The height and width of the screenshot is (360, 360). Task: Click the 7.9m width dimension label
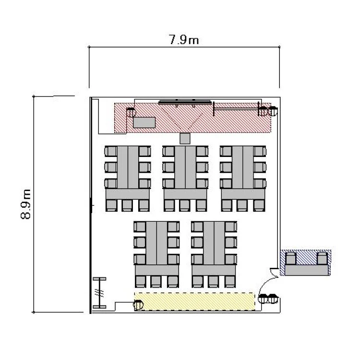184,39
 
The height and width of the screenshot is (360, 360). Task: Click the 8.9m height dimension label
26,204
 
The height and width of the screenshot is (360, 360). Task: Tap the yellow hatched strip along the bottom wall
195,301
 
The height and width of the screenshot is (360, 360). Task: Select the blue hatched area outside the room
306,263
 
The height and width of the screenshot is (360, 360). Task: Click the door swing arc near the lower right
264,284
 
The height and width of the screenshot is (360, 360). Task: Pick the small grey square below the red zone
185,138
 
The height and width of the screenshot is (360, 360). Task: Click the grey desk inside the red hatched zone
144,122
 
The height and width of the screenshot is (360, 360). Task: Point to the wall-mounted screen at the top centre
185,102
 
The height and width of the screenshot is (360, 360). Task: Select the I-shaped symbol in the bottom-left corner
100,293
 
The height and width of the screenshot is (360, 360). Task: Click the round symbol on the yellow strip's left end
138,305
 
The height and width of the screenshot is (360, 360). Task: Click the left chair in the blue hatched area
291,258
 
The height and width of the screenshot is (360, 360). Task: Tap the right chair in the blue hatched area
322,258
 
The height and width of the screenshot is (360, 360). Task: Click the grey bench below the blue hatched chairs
307,270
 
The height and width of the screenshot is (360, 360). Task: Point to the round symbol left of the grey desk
131,112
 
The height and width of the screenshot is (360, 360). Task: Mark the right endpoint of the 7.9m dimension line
279,47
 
